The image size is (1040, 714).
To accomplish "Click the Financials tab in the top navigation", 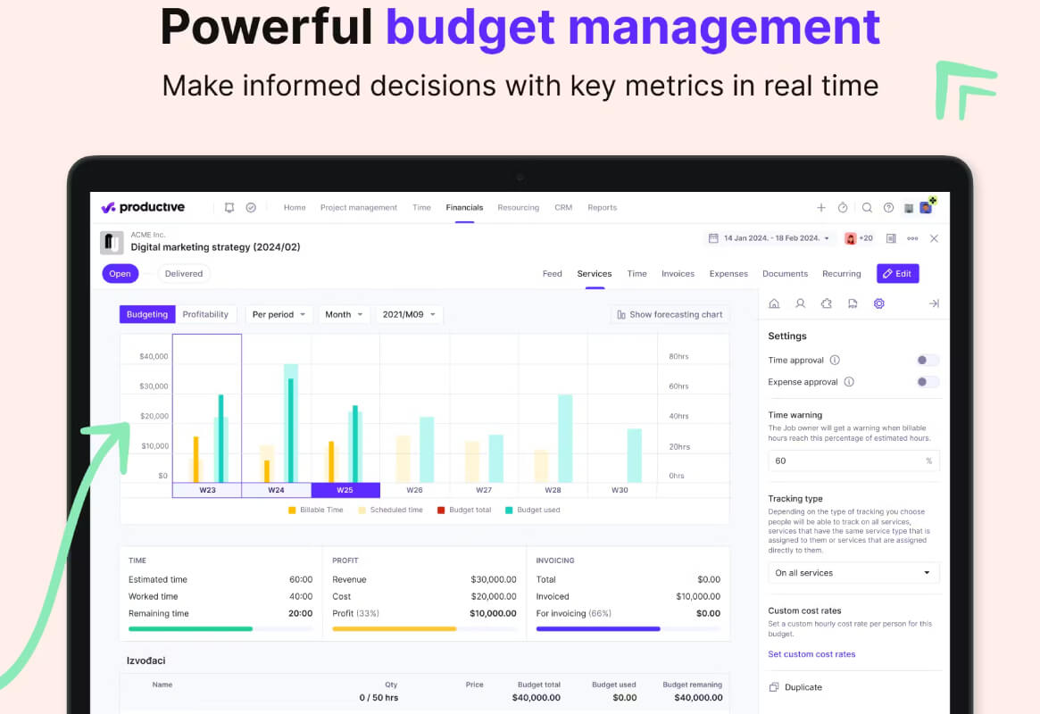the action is tap(464, 207).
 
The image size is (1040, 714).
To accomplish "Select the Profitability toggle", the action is tap(205, 314).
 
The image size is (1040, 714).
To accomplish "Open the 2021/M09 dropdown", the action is tap(409, 314).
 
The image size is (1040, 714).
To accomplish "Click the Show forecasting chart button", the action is tap(670, 314).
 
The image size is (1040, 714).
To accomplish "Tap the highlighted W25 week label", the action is tap(345, 490).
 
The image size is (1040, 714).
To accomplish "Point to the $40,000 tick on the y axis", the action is tap(154, 356).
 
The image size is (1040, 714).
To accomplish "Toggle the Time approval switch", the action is tap(928, 360).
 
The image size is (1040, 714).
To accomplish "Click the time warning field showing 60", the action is tap(853, 461).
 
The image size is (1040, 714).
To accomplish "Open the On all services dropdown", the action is tap(853, 573).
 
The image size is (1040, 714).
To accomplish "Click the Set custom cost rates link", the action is tap(811, 653).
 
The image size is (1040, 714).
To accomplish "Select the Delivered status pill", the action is tap(184, 274).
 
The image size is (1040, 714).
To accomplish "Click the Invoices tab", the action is tap(678, 274).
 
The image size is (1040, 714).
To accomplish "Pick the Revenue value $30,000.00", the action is tap(494, 579).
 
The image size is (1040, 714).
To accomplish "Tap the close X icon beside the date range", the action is tap(934, 238).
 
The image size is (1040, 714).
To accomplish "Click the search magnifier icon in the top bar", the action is tap(867, 207).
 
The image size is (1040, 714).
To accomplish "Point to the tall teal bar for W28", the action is tap(565, 438).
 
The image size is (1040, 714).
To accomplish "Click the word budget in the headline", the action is tap(470, 28).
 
